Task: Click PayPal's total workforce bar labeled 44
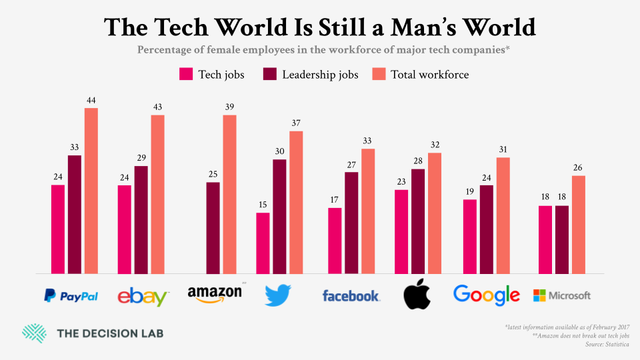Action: pos(91,191)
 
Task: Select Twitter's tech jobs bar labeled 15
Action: pos(263,243)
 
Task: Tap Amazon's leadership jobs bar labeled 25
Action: pos(213,227)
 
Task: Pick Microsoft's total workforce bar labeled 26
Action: pos(578,225)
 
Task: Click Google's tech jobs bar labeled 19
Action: pos(470,237)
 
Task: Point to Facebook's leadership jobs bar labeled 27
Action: pos(351,223)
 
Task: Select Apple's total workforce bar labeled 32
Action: pos(435,213)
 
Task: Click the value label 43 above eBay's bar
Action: pos(157,107)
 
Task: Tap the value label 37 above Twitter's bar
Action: pos(296,123)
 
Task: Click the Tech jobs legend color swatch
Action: pos(186,74)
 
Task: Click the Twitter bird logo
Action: pos(278,294)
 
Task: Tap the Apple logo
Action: pos(418,294)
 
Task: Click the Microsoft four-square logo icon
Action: pos(539,295)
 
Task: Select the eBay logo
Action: pos(143,296)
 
